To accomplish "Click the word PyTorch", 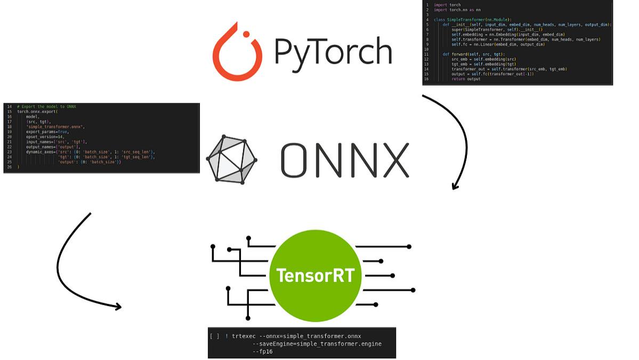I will [333, 51].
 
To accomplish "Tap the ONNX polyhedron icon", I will [231, 159].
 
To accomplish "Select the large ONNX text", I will [345, 160].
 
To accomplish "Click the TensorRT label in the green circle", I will [316, 276].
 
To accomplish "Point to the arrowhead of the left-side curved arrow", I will [118, 307].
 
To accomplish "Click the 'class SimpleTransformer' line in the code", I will [465, 20].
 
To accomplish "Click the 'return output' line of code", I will [466, 79].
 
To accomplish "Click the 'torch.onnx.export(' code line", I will [37, 111].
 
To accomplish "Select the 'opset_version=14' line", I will [45, 137].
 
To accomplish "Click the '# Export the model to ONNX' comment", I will [46, 107].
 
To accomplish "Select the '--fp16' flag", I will [262, 351].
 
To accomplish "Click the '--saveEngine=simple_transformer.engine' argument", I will [317, 344].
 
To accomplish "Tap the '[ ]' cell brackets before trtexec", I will [214, 336].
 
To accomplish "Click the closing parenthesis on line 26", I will [19, 167].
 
